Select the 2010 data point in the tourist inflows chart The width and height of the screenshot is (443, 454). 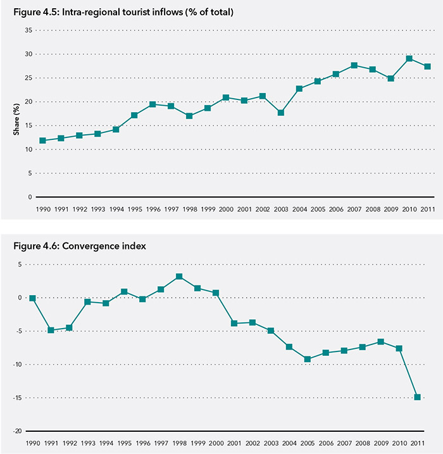[x=409, y=58]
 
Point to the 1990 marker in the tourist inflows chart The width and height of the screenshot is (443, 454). [x=42, y=141]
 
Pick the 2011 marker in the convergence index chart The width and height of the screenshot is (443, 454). [x=418, y=397]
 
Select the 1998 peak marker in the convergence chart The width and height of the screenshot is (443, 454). [x=179, y=276]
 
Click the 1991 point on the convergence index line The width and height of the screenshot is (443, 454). [x=51, y=330]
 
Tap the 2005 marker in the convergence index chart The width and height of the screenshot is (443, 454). [x=308, y=360]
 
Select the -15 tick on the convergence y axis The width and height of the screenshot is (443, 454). [x=21, y=398]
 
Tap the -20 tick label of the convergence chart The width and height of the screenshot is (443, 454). [x=21, y=431]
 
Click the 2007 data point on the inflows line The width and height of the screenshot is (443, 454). [x=354, y=65]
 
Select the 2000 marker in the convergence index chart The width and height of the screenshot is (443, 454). [x=216, y=293]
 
